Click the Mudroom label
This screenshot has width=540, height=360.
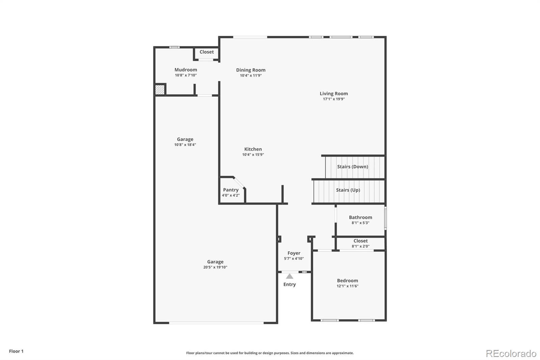click(186, 70)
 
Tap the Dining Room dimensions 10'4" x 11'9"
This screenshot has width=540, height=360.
click(251, 75)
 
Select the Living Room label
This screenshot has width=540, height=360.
click(334, 94)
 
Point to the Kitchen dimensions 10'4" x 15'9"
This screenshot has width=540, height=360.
click(253, 154)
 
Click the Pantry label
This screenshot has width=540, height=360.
click(231, 190)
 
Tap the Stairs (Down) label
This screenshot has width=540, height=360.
click(352, 166)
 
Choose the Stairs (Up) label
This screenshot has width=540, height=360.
click(348, 190)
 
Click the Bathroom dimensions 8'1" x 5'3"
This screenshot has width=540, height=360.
click(360, 223)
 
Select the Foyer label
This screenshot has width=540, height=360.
click(294, 253)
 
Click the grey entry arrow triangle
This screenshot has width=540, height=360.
click(290, 276)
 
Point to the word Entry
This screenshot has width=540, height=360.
click(290, 284)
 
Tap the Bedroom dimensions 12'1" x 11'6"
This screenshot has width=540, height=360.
click(347, 286)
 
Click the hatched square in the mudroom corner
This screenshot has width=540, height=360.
click(160, 89)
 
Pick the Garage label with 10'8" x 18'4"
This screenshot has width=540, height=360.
click(185, 139)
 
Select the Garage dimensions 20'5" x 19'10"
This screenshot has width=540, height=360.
click(215, 267)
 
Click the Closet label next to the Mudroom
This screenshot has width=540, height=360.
click(207, 52)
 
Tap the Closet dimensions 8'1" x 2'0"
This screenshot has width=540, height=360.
click(360, 246)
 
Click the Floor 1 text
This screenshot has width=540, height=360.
click(16, 351)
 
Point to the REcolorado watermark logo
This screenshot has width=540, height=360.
click(511, 354)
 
